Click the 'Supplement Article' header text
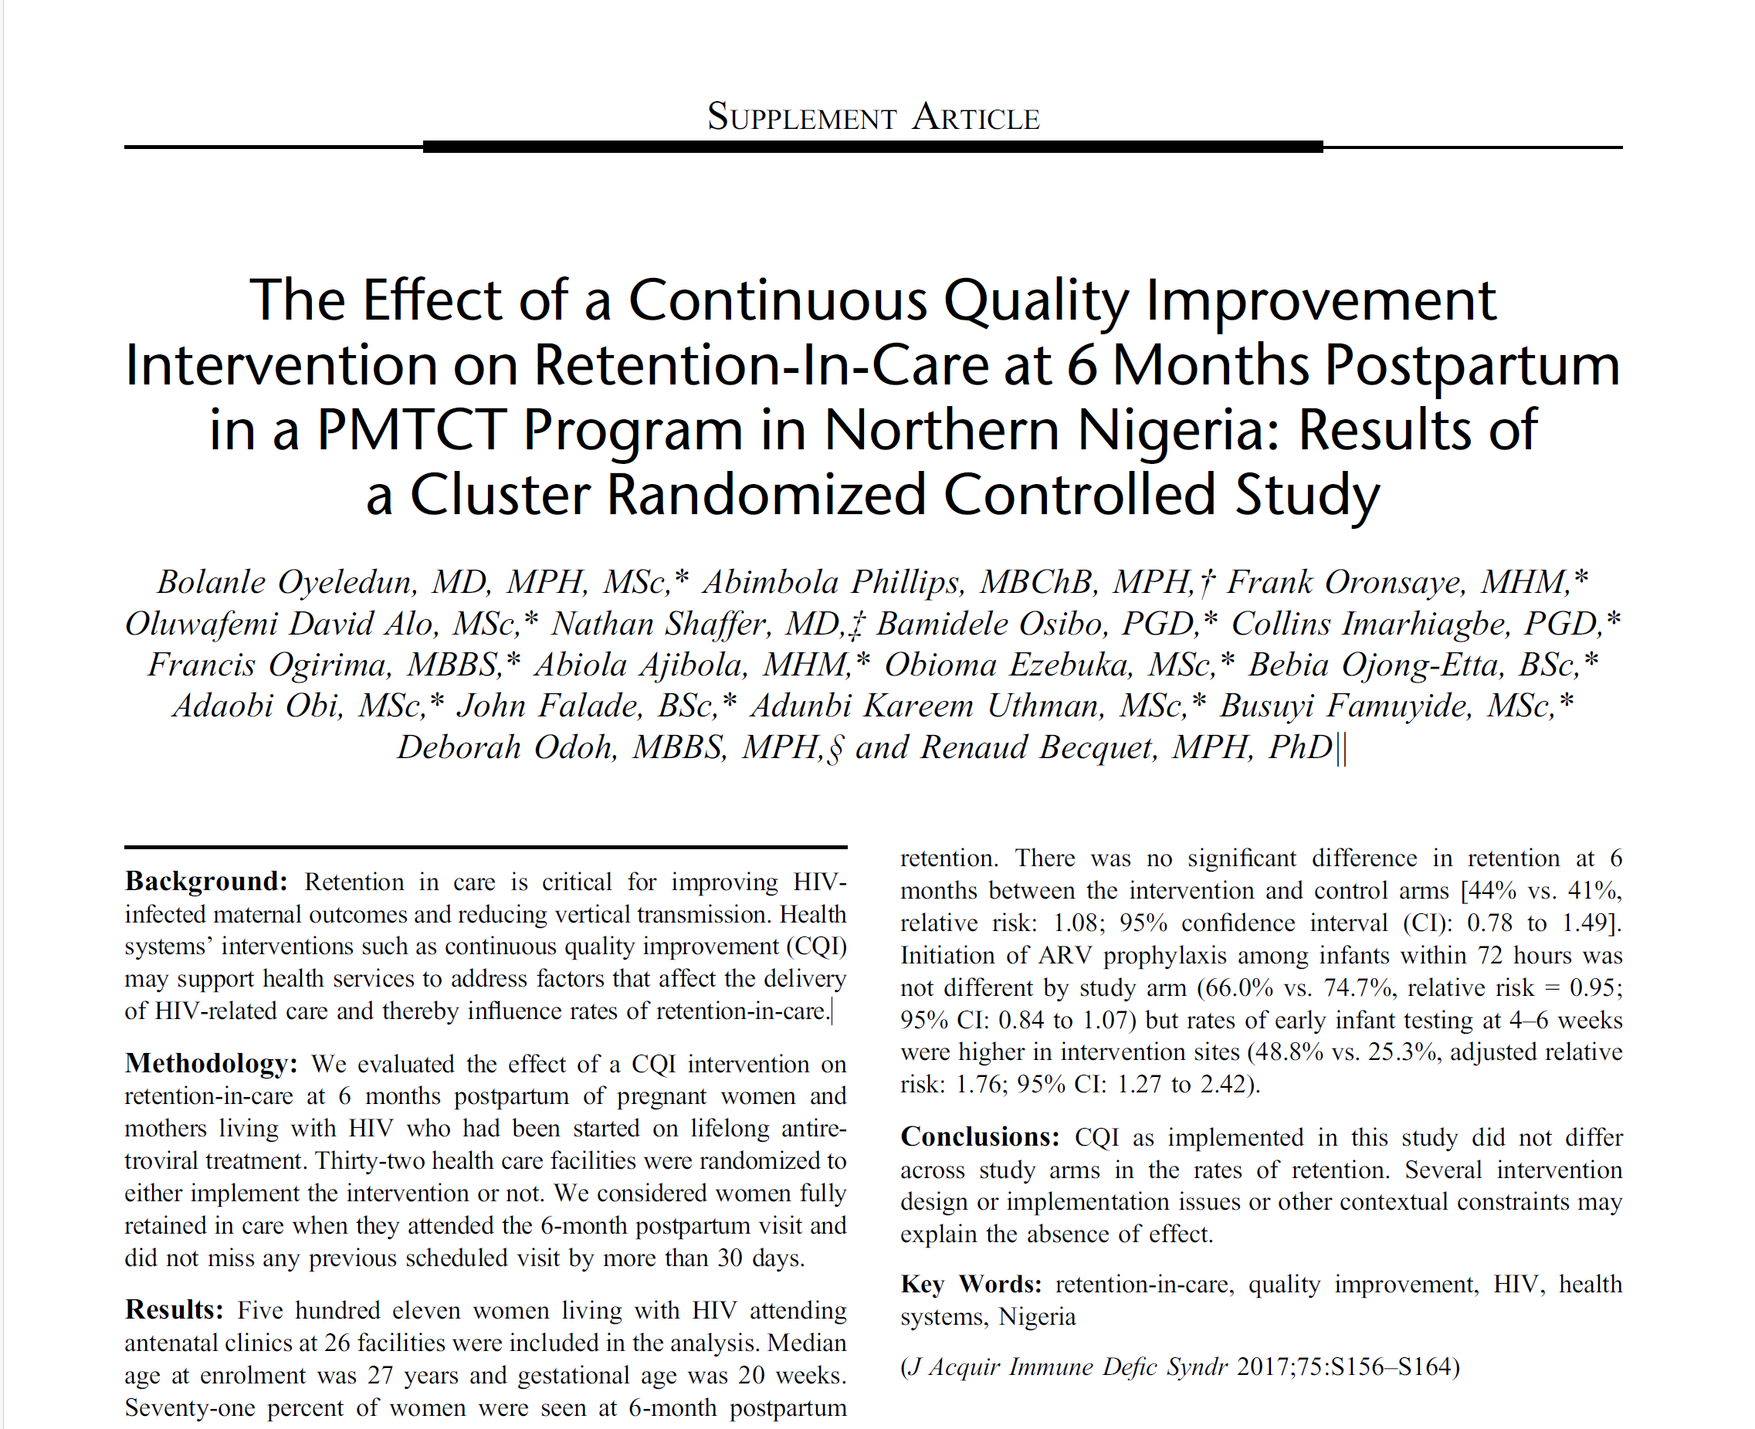(x=873, y=117)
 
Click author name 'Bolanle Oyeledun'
(x=286, y=582)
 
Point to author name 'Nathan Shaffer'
(x=662, y=623)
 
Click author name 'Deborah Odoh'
(x=507, y=747)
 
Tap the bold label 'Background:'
(x=206, y=882)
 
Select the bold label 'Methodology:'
(x=212, y=1064)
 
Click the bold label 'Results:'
(x=174, y=1309)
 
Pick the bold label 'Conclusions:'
(x=980, y=1136)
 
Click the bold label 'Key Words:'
(x=971, y=1284)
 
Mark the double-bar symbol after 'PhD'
(x=1342, y=748)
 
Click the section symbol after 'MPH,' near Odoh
(x=835, y=749)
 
